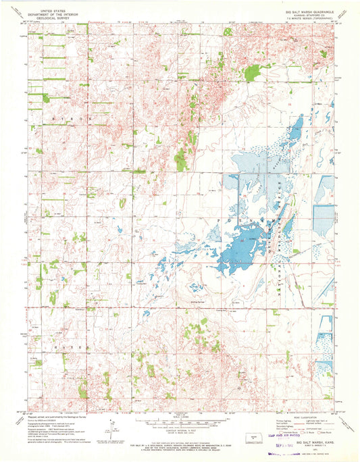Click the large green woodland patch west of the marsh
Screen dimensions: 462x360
pyautogui.click(x=180, y=161)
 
